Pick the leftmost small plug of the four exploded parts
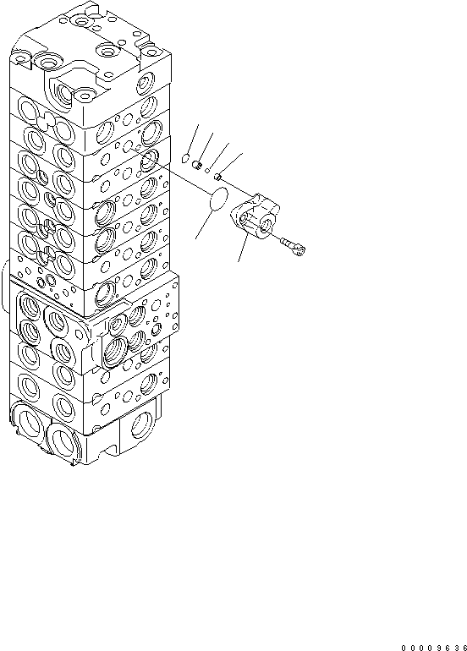click(187, 157)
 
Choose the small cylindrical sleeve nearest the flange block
click(220, 176)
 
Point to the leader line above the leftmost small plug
click(193, 139)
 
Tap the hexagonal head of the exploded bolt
click(301, 249)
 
